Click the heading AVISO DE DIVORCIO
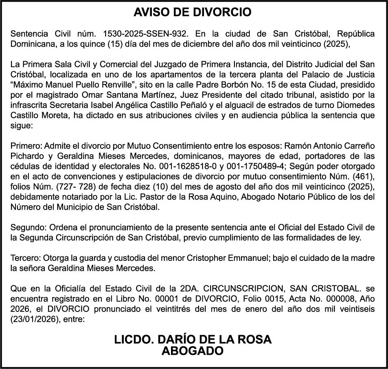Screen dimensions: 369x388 click(x=193, y=13)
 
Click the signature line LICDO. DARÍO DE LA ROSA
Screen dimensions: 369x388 click(x=193, y=340)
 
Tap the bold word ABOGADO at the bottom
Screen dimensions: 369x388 click(x=193, y=351)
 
